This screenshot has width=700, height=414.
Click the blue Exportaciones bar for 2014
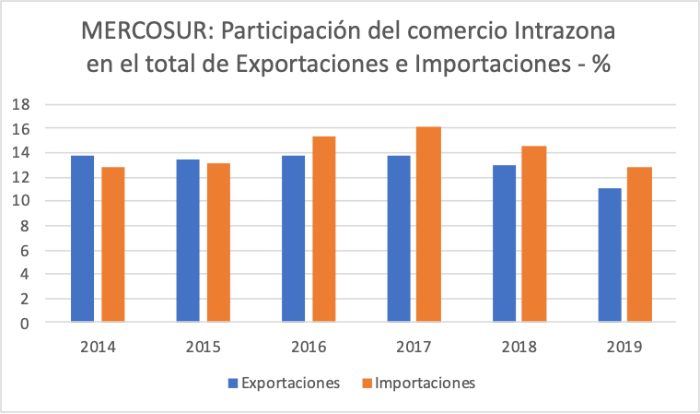pyautogui.click(x=82, y=239)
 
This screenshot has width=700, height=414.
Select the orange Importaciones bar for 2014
pyautogui.click(x=112, y=244)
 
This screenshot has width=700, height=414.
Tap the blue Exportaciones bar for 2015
pyautogui.click(x=188, y=241)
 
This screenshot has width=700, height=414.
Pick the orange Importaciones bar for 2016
pyautogui.click(x=323, y=230)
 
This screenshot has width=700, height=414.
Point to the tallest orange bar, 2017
pyautogui.click(x=429, y=225)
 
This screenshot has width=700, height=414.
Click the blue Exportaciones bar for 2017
pyautogui.click(x=399, y=239)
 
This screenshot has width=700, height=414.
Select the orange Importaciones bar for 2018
pyautogui.click(x=534, y=234)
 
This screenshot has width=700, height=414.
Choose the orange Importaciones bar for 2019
pyautogui.click(x=640, y=244)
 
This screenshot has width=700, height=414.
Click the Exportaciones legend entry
pyautogui.click(x=285, y=383)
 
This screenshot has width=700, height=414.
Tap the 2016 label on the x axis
pyautogui.click(x=309, y=348)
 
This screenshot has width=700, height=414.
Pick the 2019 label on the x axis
pyautogui.click(x=624, y=348)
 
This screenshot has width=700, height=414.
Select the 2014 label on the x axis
pyautogui.click(x=98, y=348)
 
